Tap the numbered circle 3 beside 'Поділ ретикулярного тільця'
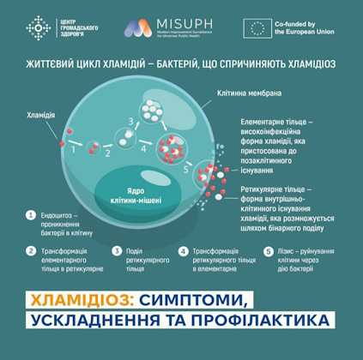pyautogui.click(x=116, y=252)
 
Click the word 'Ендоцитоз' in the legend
pyautogui.click(x=59, y=216)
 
